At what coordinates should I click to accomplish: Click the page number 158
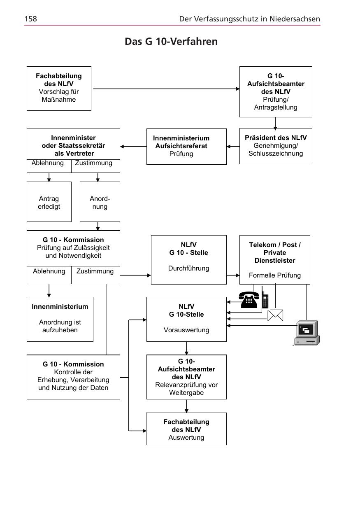[31, 19]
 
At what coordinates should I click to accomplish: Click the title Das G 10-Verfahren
[171, 42]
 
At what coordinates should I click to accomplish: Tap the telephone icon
[249, 300]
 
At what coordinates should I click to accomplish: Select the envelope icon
[275, 315]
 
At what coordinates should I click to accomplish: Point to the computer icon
[307, 333]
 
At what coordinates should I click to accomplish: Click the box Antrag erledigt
[49, 202]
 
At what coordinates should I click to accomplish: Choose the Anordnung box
[100, 202]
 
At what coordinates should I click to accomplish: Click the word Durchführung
[188, 268]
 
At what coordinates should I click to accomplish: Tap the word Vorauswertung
[186, 330]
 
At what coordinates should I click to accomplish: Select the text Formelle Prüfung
[274, 275]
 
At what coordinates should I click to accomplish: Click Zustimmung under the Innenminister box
[94, 163]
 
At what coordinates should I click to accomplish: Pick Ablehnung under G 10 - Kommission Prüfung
[49, 271]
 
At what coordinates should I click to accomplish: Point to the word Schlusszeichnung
[275, 154]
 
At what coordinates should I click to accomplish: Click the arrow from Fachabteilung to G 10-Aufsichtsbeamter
[165, 89]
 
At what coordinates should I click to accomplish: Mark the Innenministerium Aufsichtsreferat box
[186, 146]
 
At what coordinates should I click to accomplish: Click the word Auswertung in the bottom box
[186, 438]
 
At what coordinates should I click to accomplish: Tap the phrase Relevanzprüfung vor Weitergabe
[186, 389]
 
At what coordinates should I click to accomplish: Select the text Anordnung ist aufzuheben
[60, 326]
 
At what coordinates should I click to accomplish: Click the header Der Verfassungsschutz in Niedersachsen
[249, 19]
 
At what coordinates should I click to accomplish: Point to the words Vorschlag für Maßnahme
[59, 96]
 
